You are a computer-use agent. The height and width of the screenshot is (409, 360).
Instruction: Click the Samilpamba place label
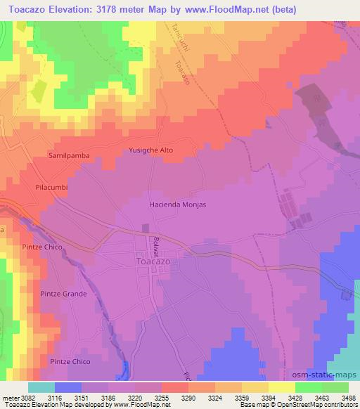(66, 154)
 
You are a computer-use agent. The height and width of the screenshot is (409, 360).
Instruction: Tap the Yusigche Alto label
(150, 150)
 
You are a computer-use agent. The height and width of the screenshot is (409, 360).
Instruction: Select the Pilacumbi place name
(50, 188)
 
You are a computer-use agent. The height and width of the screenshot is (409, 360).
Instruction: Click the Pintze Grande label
(64, 294)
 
